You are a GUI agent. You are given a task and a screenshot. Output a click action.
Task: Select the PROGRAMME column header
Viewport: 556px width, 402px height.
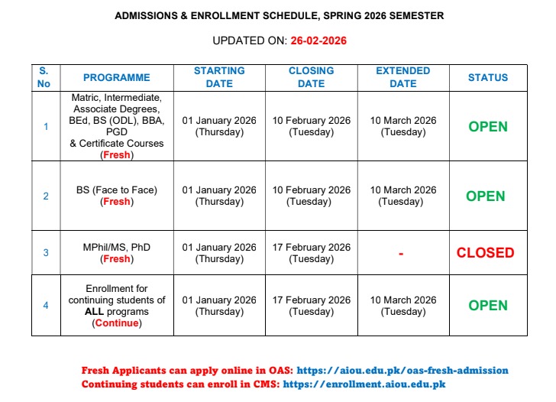tap(116, 77)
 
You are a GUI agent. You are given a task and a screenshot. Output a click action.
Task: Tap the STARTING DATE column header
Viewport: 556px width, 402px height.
tap(219, 77)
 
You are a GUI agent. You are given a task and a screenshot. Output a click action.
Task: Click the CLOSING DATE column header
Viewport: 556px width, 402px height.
tap(311, 77)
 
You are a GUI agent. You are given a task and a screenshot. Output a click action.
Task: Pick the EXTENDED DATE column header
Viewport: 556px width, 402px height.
tap(402, 77)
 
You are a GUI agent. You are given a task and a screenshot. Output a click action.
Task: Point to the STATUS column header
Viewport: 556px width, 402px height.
tap(487, 77)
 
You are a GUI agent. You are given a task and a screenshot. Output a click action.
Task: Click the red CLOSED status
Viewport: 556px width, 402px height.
tap(486, 252)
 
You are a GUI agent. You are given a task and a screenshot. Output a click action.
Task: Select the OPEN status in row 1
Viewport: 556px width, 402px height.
tap(487, 127)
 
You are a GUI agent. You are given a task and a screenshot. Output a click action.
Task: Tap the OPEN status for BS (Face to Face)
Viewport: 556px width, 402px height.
tap(486, 196)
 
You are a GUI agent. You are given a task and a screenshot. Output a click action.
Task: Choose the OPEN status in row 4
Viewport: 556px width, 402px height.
tap(487, 305)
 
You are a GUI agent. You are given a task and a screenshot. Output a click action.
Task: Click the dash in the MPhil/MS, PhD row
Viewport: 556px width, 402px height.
tap(401, 253)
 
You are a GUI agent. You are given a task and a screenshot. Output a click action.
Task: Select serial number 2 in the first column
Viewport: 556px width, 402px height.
tap(45, 196)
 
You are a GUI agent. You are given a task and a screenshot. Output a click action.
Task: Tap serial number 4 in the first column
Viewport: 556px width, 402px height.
tap(45, 306)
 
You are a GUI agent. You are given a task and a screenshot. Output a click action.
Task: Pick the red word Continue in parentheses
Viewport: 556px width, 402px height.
tap(117, 323)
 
